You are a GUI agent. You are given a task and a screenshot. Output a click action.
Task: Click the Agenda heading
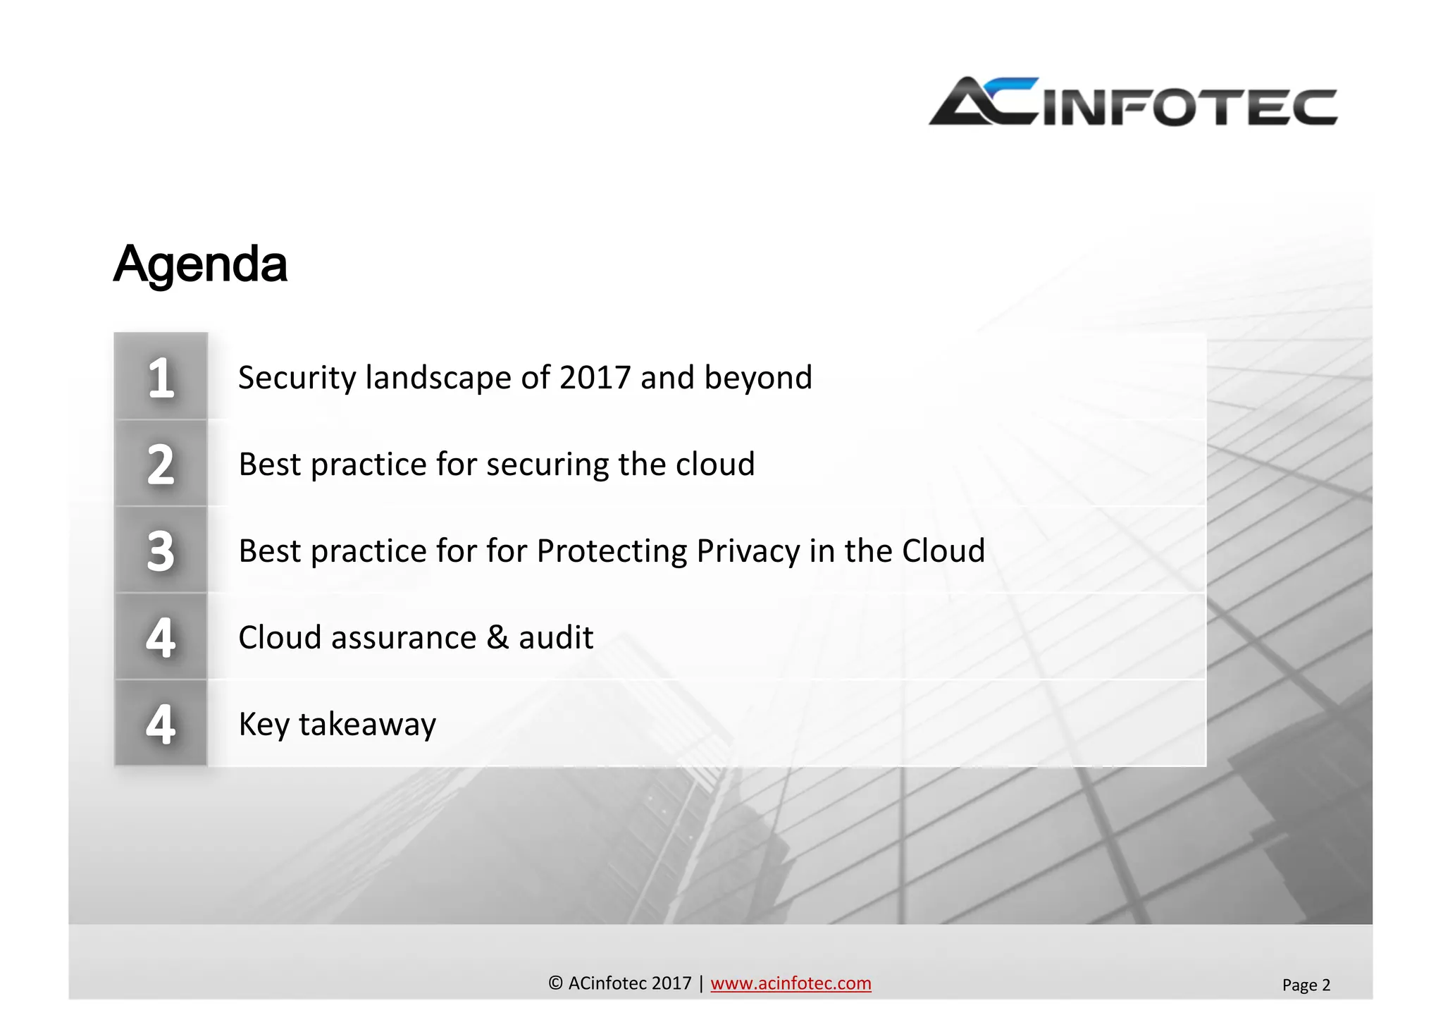pyautogui.click(x=200, y=264)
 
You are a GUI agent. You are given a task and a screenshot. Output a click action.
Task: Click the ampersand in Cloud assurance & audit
pyautogui.click(x=497, y=638)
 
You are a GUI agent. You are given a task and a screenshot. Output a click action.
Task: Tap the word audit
pyautogui.click(x=556, y=638)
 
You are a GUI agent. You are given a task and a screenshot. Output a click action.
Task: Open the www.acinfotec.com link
pyautogui.click(x=791, y=983)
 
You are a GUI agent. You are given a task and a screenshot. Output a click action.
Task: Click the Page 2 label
pyautogui.click(x=1306, y=985)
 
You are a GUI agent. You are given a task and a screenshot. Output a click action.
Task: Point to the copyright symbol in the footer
pyautogui.click(x=555, y=983)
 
